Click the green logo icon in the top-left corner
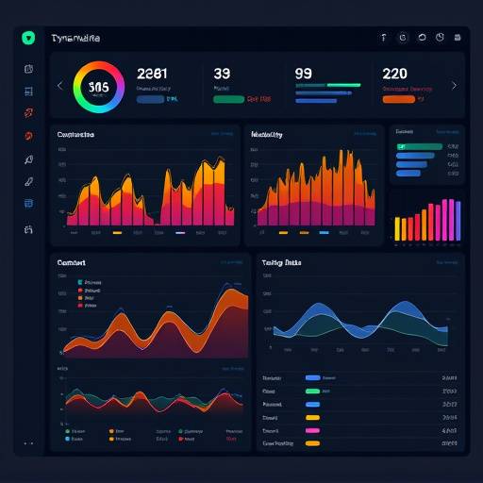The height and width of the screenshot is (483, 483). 28,38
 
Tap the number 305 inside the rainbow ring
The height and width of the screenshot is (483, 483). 98,86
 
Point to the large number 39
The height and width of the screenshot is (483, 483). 223,74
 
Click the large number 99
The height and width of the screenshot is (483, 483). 304,74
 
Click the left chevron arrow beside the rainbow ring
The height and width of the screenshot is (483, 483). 60,86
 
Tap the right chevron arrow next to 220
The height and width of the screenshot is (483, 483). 454,86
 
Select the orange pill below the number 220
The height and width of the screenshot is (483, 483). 398,98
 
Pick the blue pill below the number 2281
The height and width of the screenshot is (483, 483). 151,98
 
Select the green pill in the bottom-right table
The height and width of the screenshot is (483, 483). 312,376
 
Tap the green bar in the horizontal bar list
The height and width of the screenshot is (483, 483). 420,147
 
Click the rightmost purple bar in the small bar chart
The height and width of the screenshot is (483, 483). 457,220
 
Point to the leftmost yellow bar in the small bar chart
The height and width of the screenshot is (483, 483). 398,229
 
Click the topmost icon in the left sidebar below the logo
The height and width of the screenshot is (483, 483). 28,69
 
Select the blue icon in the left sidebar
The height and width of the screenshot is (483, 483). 28,91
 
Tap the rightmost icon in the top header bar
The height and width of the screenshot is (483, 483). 458,38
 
